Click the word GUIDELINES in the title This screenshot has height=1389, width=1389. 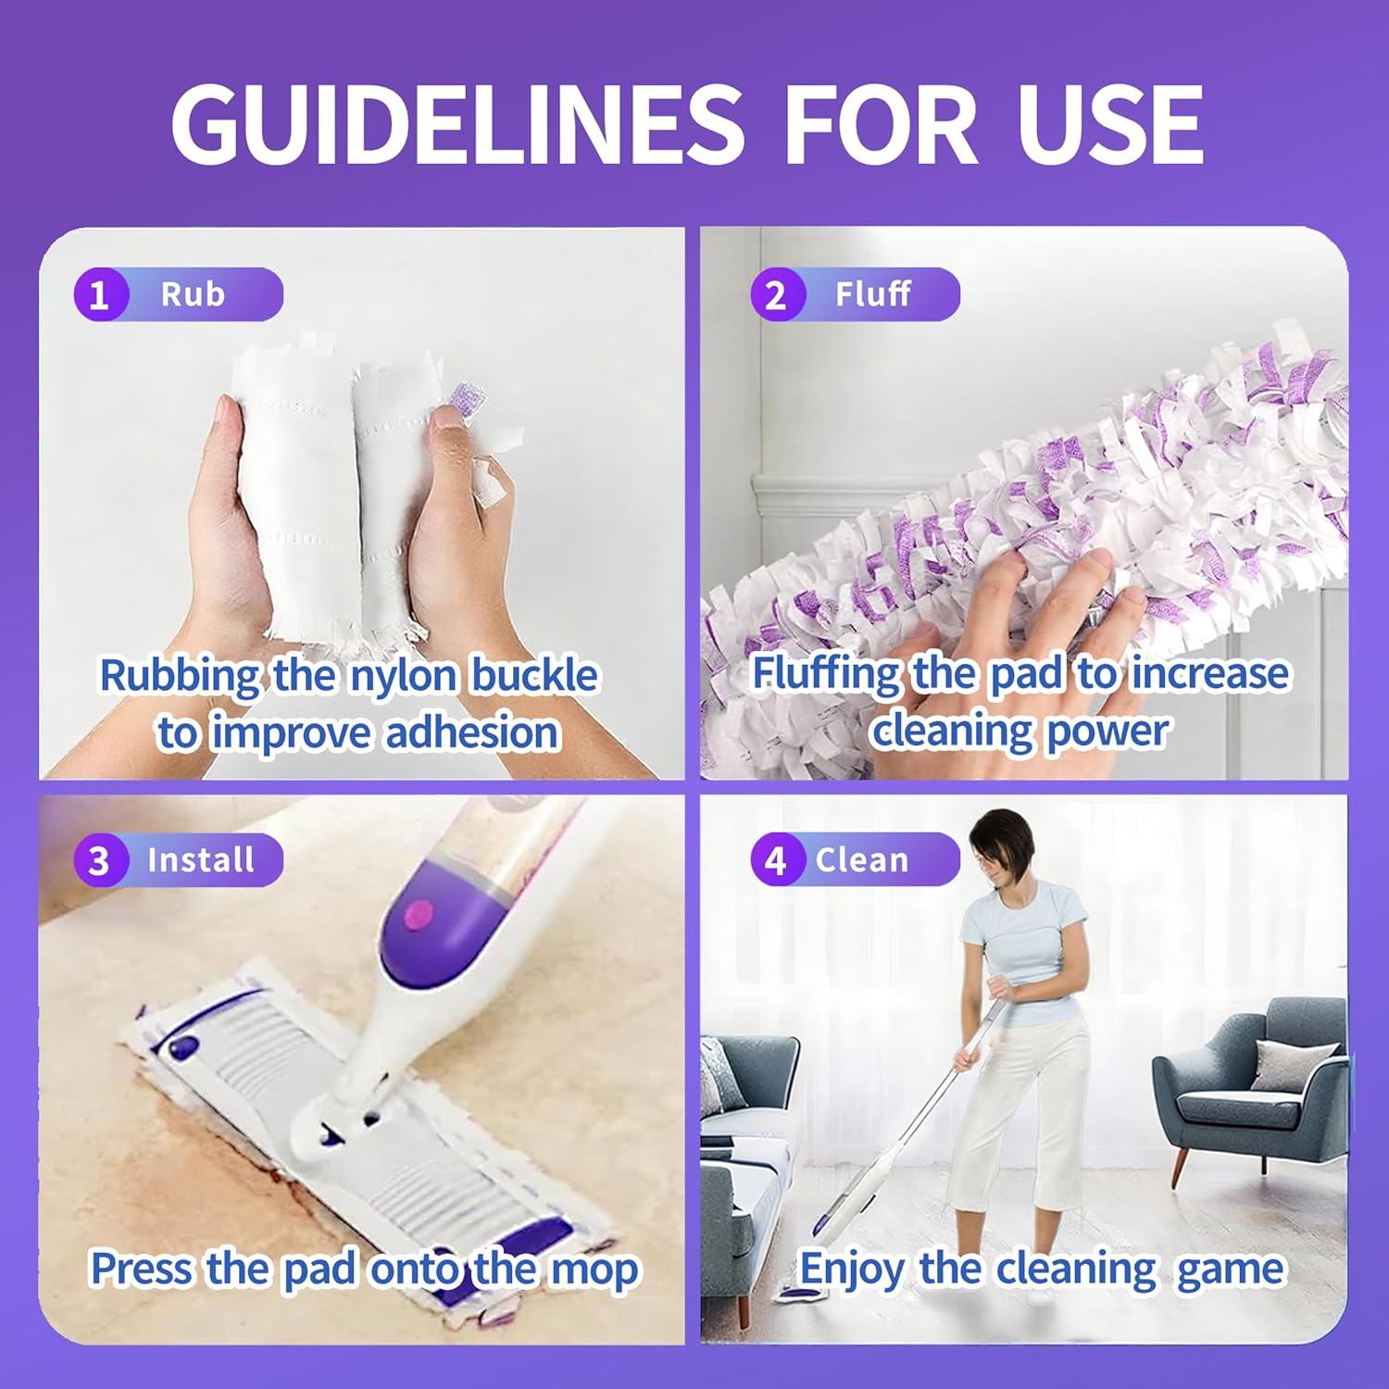pyautogui.click(x=457, y=124)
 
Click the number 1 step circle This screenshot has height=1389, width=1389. pyautogui.click(x=99, y=295)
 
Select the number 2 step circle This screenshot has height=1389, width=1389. pyautogui.click(x=776, y=295)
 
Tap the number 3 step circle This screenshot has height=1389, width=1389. pyautogui.click(x=99, y=860)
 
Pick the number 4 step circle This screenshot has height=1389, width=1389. pyautogui.click(x=776, y=860)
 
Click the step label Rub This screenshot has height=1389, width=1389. pyautogui.click(x=193, y=294)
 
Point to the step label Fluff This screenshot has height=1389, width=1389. pyautogui.click(x=872, y=294)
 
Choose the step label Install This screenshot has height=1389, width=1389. pyautogui.click(x=201, y=860)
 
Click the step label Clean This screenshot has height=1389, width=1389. pyautogui.click(x=862, y=860)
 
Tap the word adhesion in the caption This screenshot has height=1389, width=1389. pyautogui.click(x=472, y=733)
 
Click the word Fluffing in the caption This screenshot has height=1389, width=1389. pyautogui.click(x=824, y=674)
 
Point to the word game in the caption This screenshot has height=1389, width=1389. pyautogui.click(x=1231, y=1270)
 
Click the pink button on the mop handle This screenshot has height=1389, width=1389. pyautogui.click(x=419, y=916)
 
